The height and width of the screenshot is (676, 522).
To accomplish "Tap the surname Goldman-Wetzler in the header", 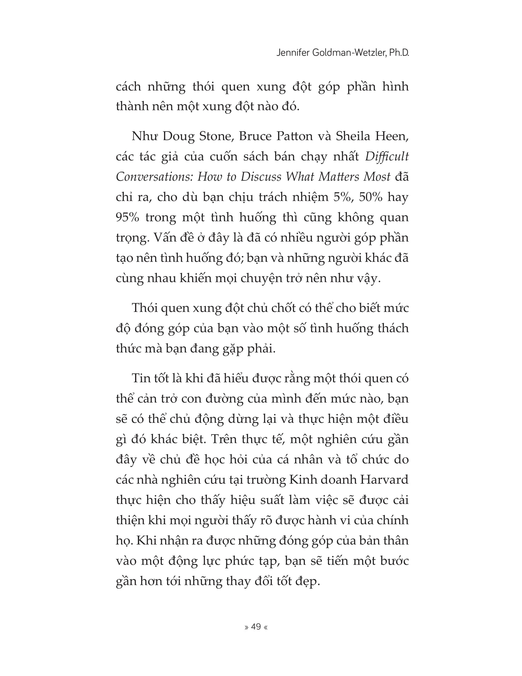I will pos(349,53).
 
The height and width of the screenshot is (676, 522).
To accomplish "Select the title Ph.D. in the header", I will pos(399,53).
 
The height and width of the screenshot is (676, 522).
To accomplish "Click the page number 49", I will pos(256,627).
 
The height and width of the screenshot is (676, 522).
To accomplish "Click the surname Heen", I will pos(392,136).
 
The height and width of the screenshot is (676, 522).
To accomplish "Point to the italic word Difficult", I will pos(387,157).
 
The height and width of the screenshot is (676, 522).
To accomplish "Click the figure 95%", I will pos(127,218).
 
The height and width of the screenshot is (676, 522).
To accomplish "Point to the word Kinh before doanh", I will pos(300,480).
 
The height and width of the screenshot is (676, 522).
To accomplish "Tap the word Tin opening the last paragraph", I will pos(141,379).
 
